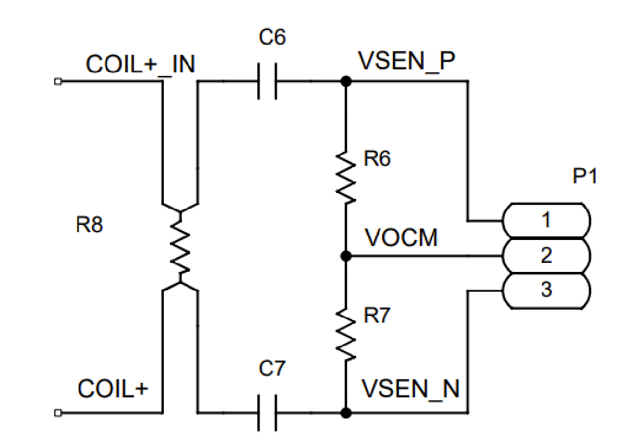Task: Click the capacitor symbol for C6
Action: [267, 81]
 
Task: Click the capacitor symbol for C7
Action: [267, 412]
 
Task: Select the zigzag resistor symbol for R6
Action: [345, 177]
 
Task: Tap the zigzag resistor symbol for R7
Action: [345, 334]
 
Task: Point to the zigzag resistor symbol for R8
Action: [180, 247]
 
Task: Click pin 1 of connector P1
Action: [546, 221]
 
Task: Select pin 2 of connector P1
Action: [546, 256]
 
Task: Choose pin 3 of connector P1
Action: [546, 291]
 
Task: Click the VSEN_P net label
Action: [407, 61]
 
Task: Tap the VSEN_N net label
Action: [410, 389]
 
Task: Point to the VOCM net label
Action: [401, 238]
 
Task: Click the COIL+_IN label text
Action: [140, 65]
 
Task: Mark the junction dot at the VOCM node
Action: [345, 256]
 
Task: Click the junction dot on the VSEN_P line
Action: [346, 81]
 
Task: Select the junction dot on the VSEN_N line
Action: [346, 413]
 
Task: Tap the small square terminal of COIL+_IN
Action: [58, 81]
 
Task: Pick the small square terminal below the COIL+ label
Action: [58, 412]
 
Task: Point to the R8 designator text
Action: [89, 225]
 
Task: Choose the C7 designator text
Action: [272, 368]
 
